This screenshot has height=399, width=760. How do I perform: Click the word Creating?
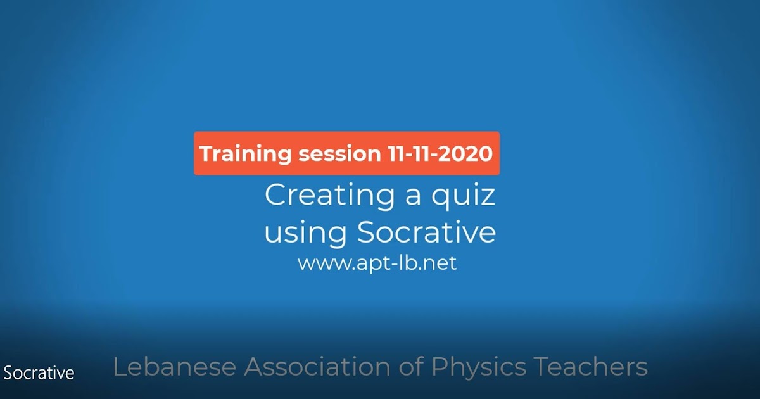click(321, 195)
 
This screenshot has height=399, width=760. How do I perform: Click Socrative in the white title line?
click(426, 232)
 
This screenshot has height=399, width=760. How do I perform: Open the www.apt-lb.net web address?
click(377, 263)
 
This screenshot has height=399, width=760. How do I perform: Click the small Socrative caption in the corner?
click(39, 373)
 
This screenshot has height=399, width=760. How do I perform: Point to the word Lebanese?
click(174, 367)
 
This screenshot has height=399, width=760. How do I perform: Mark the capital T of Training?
click(205, 154)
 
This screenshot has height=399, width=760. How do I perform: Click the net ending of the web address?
click(441, 263)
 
